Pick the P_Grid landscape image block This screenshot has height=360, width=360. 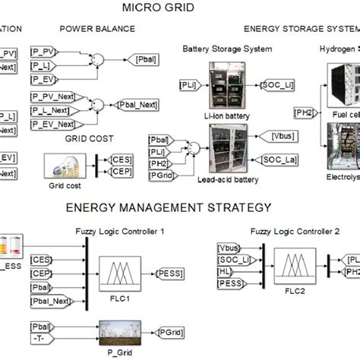pyautogui.click(x=121, y=331)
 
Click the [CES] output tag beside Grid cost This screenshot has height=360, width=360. pyautogui.click(x=121, y=159)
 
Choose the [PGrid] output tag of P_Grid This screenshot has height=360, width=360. pyautogui.click(x=169, y=331)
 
